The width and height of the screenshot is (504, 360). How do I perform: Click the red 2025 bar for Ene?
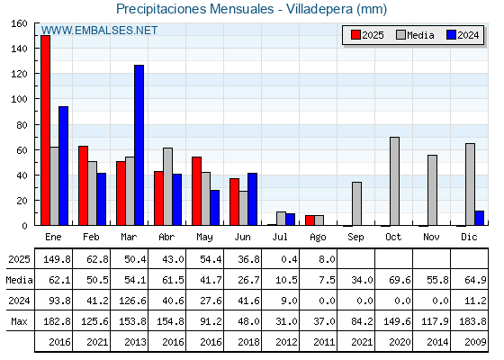tap(45, 130)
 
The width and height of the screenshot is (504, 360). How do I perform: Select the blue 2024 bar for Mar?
tap(139, 145)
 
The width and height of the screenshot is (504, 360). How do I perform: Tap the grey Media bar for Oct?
tap(395, 181)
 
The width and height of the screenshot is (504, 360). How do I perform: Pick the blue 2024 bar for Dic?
tap(479, 218)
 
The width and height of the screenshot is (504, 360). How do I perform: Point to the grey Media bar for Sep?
tap(356, 203)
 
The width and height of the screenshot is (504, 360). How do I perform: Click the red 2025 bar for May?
tap(197, 191)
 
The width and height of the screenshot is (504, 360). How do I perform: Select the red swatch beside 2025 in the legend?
tap(355, 35)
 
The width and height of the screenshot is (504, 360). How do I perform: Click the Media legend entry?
tap(415, 35)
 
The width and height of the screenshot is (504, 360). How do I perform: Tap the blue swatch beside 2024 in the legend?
tap(451, 35)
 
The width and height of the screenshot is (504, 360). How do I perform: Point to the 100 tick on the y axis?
tap(36, 99)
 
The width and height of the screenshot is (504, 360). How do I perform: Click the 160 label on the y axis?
tap(19, 23)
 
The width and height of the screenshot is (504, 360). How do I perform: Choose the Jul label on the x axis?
tap(280, 237)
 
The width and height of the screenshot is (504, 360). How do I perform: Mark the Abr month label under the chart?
tap(166, 237)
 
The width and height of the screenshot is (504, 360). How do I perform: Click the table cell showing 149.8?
tap(57, 259)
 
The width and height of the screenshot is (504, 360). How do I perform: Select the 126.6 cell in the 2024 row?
tap(132, 301)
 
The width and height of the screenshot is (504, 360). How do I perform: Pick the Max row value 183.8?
tap(472, 321)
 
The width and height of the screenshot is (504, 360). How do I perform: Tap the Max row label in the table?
tap(19, 321)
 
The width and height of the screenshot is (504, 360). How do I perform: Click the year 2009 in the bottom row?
tap(475, 342)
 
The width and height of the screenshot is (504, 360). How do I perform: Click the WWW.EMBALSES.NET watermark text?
tap(99, 31)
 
